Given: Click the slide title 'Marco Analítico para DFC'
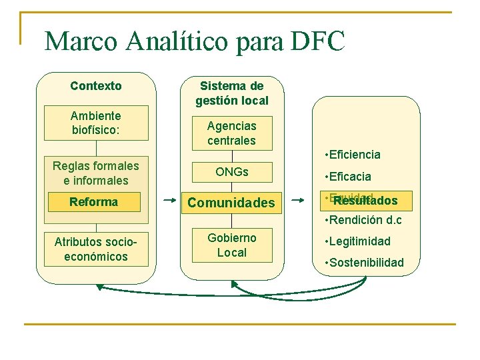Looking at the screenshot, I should pos(195,42).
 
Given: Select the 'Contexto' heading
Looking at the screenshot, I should pos(96,86).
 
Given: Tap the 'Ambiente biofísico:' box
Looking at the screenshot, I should pos(96,123).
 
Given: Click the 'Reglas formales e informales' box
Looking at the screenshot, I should pos(96,173).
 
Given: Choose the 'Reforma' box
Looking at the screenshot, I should pos(94,202).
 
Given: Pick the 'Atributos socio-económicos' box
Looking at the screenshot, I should pos(96,249).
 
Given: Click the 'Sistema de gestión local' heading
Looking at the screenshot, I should pos(232,93).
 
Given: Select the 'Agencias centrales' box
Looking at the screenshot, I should pos(231,133).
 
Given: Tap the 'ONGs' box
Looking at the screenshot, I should pos(231,172).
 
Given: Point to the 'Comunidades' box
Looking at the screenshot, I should pos(231,203).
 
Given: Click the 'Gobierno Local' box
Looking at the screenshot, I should pos(231,245).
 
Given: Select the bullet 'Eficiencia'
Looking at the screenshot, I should pos(353,155).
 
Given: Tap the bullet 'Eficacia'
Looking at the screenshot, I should pos(348,177).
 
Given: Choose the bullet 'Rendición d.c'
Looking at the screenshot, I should pos(363,220).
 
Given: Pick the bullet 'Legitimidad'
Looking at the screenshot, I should pos(357,241).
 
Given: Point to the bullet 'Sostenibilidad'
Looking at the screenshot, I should pos(364,263).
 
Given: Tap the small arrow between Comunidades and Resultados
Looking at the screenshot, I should pos(297,198).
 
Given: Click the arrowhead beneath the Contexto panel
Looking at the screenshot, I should pos(100,287).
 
